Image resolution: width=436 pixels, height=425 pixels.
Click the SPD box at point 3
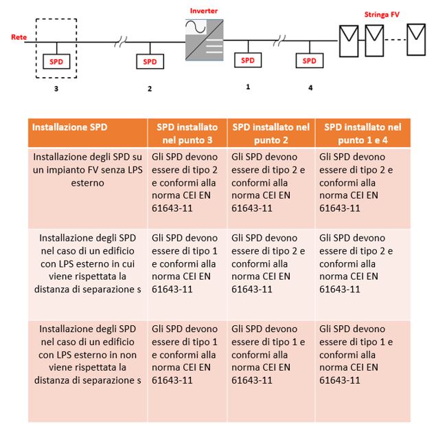[56, 61]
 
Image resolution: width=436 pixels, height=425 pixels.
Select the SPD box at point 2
[150, 61]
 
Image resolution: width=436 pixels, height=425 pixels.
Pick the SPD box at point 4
[310, 61]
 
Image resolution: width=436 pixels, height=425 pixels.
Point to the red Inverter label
[205, 12]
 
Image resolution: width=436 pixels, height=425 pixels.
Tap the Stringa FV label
[381, 14]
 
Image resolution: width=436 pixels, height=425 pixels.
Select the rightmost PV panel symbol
[415, 41]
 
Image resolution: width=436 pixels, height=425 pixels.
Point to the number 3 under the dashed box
[56, 89]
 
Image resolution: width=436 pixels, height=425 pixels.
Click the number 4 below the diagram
[310, 88]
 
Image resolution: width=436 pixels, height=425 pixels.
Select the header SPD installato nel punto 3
[187, 133]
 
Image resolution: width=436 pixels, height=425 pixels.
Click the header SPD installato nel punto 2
[271, 133]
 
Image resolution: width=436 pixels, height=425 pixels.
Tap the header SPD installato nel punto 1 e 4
[363, 133]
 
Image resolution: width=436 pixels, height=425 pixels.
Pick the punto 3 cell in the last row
[187, 353]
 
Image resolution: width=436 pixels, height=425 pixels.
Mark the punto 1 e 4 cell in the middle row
[363, 263]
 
